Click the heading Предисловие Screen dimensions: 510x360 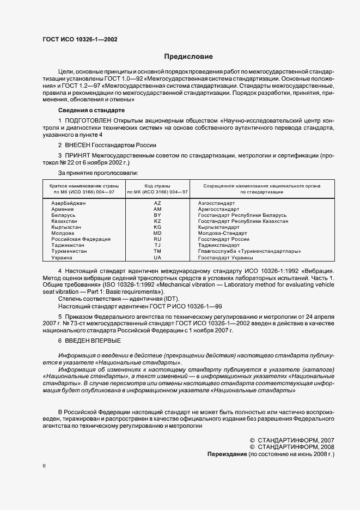point(188,57)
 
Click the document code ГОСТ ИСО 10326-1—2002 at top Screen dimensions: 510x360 point(80,40)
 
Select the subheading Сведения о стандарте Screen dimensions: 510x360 point(84,111)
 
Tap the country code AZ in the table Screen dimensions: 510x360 point(157,203)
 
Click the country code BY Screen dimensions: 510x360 point(157,216)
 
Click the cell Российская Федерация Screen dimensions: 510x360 point(81,239)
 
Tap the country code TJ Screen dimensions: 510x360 point(157,245)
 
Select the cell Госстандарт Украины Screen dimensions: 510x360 point(224,258)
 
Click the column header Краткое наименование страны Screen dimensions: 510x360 point(81,186)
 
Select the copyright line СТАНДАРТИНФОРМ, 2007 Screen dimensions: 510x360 point(291,440)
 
